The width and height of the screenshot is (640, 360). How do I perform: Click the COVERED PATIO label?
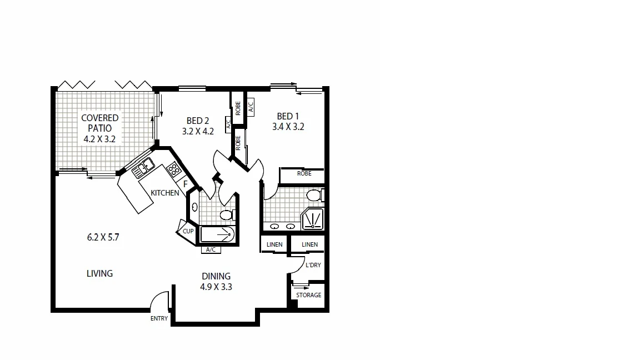click(100, 122)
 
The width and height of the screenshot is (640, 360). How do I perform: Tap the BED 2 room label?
click(198, 121)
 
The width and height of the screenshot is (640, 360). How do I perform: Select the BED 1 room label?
click(288, 116)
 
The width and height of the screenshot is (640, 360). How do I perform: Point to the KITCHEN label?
click(165, 193)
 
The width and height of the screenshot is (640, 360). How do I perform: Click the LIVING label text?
click(100, 273)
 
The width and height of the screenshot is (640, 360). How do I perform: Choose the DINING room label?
click(216, 276)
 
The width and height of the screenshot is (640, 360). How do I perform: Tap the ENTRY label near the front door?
click(159, 319)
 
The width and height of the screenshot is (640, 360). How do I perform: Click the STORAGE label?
click(308, 295)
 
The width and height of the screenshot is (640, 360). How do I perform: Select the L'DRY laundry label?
click(313, 265)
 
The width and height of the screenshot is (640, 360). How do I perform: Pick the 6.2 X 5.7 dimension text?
click(103, 237)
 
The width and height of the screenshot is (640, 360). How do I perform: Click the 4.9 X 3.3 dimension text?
click(216, 287)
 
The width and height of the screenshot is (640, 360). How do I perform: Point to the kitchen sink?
click(145, 165)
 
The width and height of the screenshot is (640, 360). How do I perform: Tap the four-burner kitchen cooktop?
click(173, 168)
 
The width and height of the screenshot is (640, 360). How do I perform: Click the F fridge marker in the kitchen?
click(186, 184)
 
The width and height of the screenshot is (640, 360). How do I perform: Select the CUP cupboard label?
click(188, 231)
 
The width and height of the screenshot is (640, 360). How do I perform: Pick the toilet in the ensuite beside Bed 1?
click(314, 196)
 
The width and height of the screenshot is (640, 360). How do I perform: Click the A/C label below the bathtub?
click(211, 250)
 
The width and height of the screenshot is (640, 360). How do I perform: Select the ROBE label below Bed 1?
click(304, 173)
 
